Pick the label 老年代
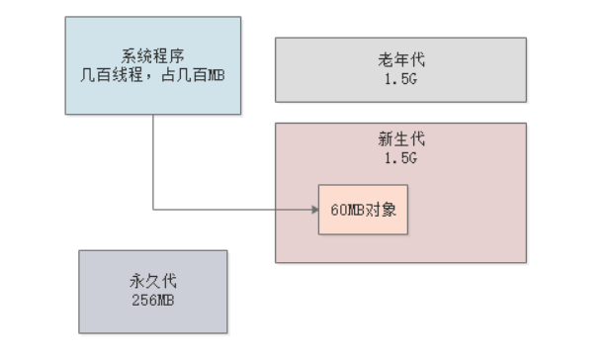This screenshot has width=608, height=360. [400, 61]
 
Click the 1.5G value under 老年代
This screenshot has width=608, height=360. [400, 77]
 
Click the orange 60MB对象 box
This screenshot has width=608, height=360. [363, 210]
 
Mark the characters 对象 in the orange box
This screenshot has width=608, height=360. [382, 210]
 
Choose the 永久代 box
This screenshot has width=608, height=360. [152, 291]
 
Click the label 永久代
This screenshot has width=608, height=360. [152, 282]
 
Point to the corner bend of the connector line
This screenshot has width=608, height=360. [153, 210]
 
